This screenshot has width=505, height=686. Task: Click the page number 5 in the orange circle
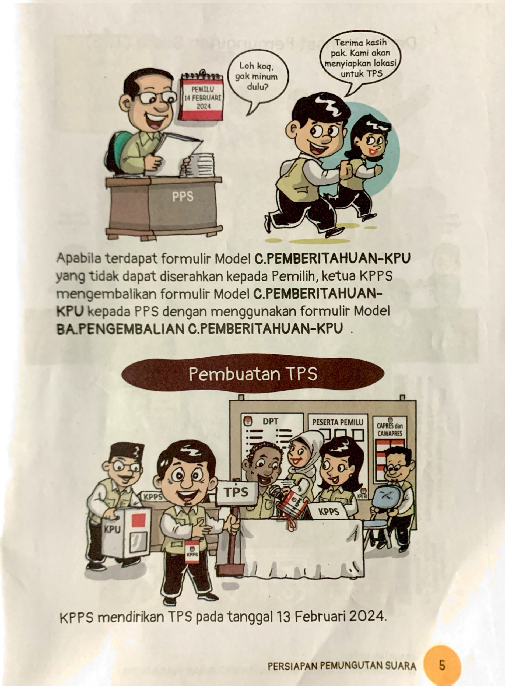[x=442, y=665]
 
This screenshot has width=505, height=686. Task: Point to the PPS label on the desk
[x=183, y=197]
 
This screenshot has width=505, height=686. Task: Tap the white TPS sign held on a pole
[x=237, y=492]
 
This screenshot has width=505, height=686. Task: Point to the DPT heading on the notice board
[x=271, y=422]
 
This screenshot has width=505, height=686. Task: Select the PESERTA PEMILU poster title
[x=338, y=422]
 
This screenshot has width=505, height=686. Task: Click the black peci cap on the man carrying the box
[x=124, y=452]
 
